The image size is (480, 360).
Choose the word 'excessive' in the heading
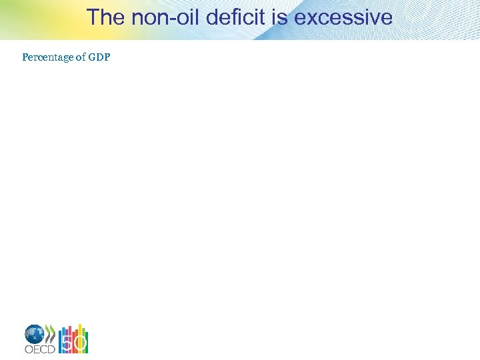343,17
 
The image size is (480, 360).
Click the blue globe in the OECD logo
35,334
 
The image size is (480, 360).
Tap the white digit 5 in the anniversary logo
66,343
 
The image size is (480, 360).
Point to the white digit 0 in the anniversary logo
80,343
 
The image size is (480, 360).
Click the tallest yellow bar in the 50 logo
80,331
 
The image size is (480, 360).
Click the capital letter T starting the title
93,17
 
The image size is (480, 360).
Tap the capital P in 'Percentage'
25,57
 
